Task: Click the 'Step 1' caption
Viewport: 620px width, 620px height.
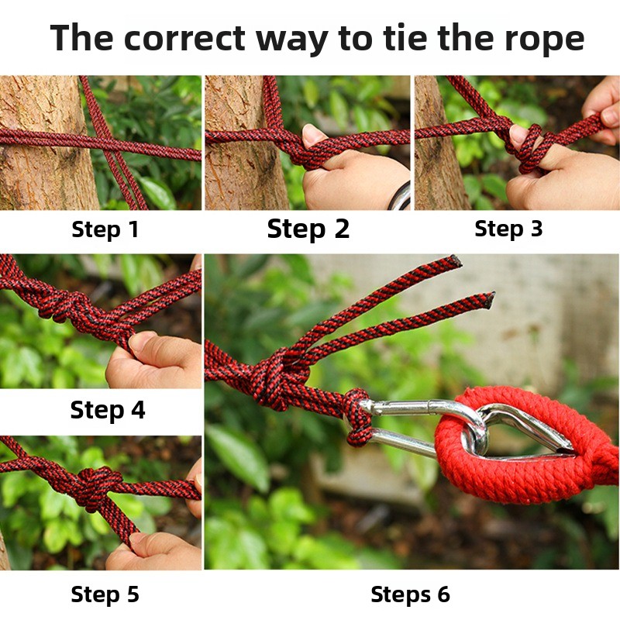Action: point(105,229)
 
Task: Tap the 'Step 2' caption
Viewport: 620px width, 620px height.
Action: point(308,229)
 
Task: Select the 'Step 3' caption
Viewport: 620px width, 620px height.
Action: point(508,229)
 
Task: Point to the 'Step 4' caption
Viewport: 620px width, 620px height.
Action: point(108,411)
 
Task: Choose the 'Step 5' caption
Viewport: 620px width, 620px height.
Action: point(105,594)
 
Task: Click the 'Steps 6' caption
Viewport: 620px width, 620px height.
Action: point(411,594)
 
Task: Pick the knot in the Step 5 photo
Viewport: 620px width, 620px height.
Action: point(95,487)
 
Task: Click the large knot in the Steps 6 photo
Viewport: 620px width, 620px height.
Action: point(278,377)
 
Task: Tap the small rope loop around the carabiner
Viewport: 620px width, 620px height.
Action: point(357,417)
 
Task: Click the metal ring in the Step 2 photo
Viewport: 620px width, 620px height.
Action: point(399,196)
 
